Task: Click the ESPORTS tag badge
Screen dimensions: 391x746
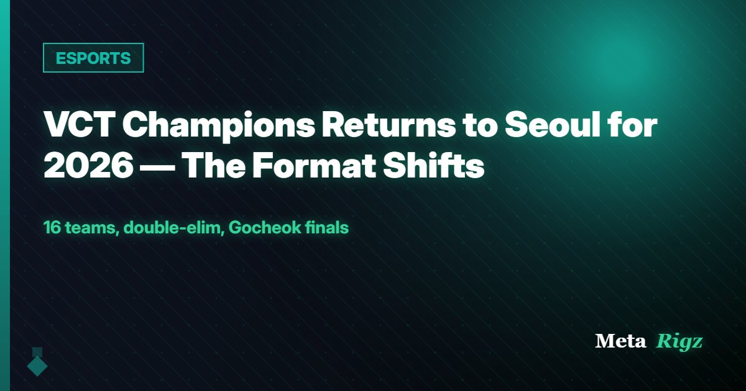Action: click(93, 58)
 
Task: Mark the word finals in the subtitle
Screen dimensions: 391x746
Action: click(327, 228)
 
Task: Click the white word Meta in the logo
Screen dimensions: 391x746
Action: click(620, 341)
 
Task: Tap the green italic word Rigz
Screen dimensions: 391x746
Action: click(679, 341)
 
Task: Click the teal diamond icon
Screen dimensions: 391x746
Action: click(37, 366)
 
